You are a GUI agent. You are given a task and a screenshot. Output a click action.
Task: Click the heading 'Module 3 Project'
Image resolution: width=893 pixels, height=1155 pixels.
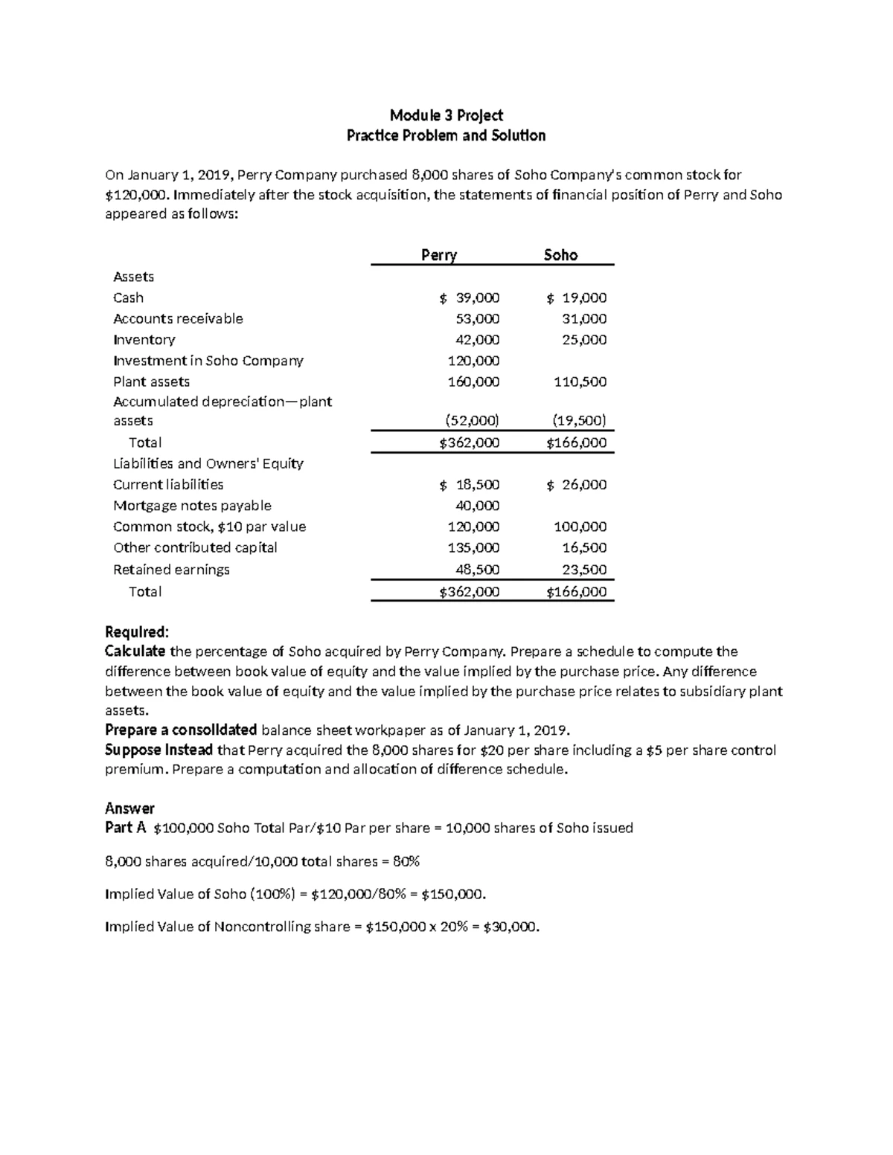point(446,115)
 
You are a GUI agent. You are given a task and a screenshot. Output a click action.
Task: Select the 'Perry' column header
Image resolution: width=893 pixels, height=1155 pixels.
point(438,255)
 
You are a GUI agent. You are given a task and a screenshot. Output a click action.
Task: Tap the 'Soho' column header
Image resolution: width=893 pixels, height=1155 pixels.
point(560,255)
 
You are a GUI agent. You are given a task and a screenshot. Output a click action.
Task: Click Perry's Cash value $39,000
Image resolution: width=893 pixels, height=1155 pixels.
point(470,298)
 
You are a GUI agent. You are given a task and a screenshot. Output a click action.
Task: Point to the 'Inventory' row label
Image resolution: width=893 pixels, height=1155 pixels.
point(144,340)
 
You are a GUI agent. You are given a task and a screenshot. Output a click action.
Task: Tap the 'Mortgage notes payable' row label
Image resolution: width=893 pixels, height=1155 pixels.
point(192,506)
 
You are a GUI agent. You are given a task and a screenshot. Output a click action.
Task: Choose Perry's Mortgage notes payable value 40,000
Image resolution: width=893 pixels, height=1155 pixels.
point(477,506)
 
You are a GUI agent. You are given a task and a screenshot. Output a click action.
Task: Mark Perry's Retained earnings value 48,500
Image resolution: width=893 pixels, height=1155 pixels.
point(477,570)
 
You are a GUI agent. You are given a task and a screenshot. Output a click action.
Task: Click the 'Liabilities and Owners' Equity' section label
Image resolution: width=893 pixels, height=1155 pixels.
point(208,463)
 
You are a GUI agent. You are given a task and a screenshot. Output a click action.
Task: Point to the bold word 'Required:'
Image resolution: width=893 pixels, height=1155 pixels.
point(137,632)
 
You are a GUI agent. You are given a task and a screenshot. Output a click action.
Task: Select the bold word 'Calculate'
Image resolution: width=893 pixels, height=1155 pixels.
point(135,652)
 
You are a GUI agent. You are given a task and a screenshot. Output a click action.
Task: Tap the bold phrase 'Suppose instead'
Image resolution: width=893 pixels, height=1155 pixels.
point(159,750)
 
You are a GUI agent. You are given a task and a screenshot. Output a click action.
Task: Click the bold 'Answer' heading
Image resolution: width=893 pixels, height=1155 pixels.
point(129,808)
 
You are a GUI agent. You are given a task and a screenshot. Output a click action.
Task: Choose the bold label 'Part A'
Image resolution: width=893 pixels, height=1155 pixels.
point(125,828)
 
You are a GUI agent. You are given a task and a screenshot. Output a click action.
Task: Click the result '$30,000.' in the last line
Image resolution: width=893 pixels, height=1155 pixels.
point(511,927)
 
